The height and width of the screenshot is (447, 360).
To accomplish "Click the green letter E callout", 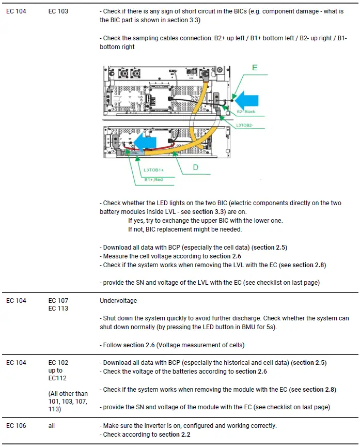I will [x=255, y=68].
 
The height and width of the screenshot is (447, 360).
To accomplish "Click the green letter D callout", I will [x=196, y=167].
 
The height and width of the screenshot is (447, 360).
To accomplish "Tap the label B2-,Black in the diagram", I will [x=246, y=112].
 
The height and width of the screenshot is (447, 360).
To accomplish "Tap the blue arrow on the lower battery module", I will [x=145, y=140].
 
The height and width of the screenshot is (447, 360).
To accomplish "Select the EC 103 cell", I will [x=58, y=11].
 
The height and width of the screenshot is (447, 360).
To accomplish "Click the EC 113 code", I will [x=58, y=309].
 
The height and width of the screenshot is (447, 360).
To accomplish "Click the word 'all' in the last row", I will [x=52, y=426].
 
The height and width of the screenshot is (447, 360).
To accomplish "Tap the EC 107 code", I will [x=58, y=300].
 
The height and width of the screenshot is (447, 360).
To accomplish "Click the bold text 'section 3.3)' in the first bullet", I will [x=183, y=20].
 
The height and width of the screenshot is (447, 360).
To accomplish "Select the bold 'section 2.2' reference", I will [x=175, y=435].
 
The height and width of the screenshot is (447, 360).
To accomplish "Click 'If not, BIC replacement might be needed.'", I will [x=184, y=229].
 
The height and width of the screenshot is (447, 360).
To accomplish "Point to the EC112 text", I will [x=58, y=378].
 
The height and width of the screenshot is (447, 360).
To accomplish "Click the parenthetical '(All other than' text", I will [x=68, y=394].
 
